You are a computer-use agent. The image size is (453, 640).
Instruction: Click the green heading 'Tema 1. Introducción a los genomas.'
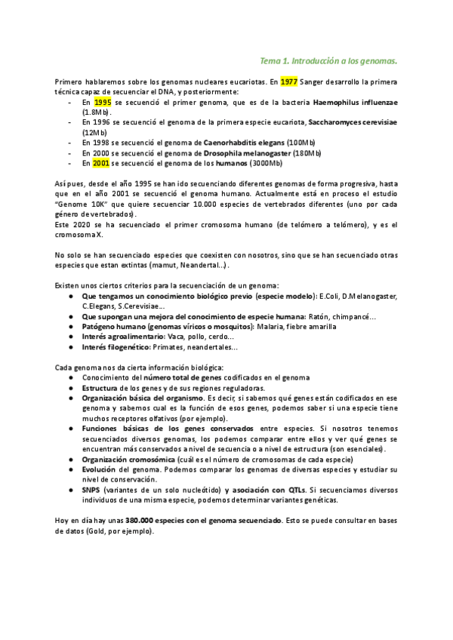[328, 60]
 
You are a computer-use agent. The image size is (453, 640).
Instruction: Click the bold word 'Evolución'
[99, 469]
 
